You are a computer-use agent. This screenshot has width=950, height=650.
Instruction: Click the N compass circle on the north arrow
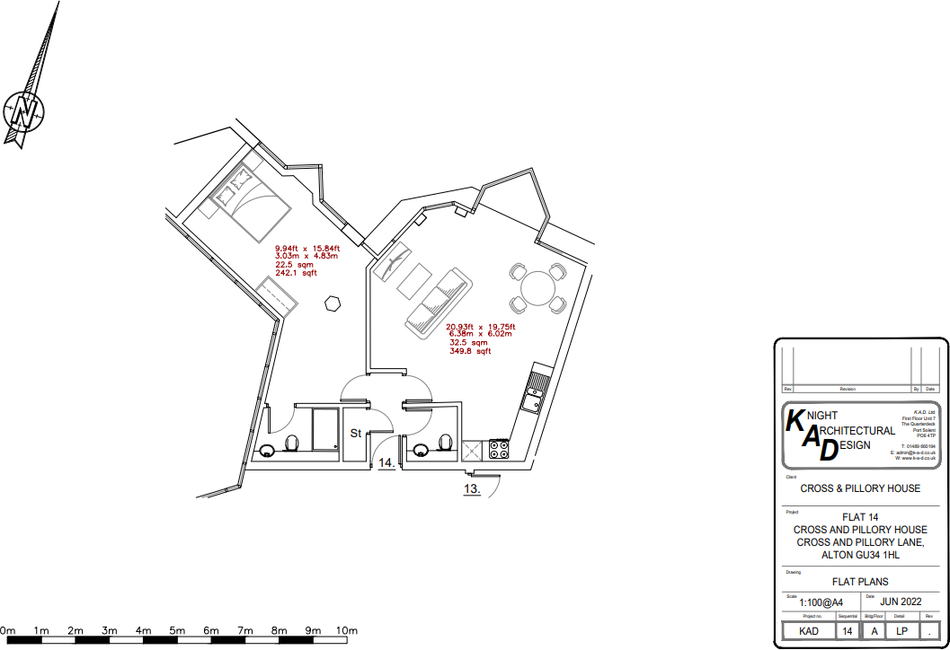(24, 111)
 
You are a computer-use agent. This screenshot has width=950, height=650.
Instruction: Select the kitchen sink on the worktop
(537, 385)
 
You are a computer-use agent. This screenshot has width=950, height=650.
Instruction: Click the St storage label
(355, 434)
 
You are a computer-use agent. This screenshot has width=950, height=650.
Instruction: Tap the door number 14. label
(386, 463)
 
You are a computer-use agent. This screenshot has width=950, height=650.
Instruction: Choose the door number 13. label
(472, 489)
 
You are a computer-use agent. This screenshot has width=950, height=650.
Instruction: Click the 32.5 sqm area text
(468, 343)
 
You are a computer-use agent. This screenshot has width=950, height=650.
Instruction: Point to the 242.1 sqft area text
(297, 274)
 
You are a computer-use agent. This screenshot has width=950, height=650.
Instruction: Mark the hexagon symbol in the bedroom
(333, 303)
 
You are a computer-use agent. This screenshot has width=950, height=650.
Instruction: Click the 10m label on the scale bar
(347, 631)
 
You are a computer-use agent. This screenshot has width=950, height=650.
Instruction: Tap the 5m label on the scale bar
(177, 631)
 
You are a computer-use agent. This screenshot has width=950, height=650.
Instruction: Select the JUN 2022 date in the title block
(901, 602)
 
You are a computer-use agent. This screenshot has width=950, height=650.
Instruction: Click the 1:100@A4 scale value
(821, 603)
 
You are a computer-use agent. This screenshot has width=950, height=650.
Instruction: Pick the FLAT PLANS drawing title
(861, 582)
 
